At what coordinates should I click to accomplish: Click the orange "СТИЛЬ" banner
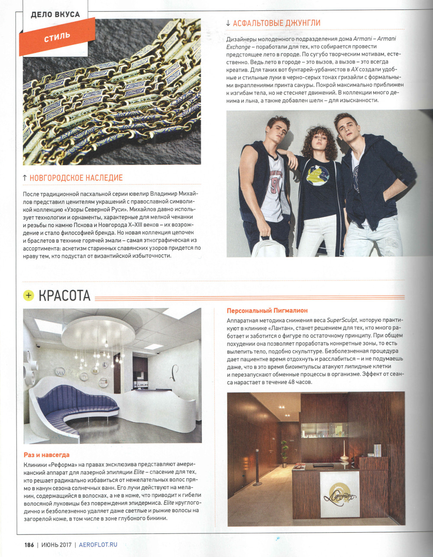(x=57, y=36)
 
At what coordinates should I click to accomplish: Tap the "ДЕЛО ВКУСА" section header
(x=55, y=14)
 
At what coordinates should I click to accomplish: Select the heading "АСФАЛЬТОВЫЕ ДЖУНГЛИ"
(x=276, y=23)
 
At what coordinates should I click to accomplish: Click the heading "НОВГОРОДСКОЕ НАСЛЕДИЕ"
(x=76, y=178)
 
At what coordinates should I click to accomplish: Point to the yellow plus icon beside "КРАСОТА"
(x=29, y=295)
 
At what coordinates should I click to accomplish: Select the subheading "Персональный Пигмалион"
(x=267, y=311)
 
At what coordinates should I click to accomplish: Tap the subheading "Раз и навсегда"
(x=46, y=455)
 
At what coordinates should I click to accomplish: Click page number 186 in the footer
(x=29, y=545)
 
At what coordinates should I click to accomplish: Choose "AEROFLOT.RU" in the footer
(x=98, y=545)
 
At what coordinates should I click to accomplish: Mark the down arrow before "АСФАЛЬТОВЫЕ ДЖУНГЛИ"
(x=228, y=23)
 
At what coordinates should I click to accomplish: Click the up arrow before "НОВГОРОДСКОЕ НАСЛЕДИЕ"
(x=25, y=178)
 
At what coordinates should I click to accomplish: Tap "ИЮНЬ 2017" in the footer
(x=56, y=545)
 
